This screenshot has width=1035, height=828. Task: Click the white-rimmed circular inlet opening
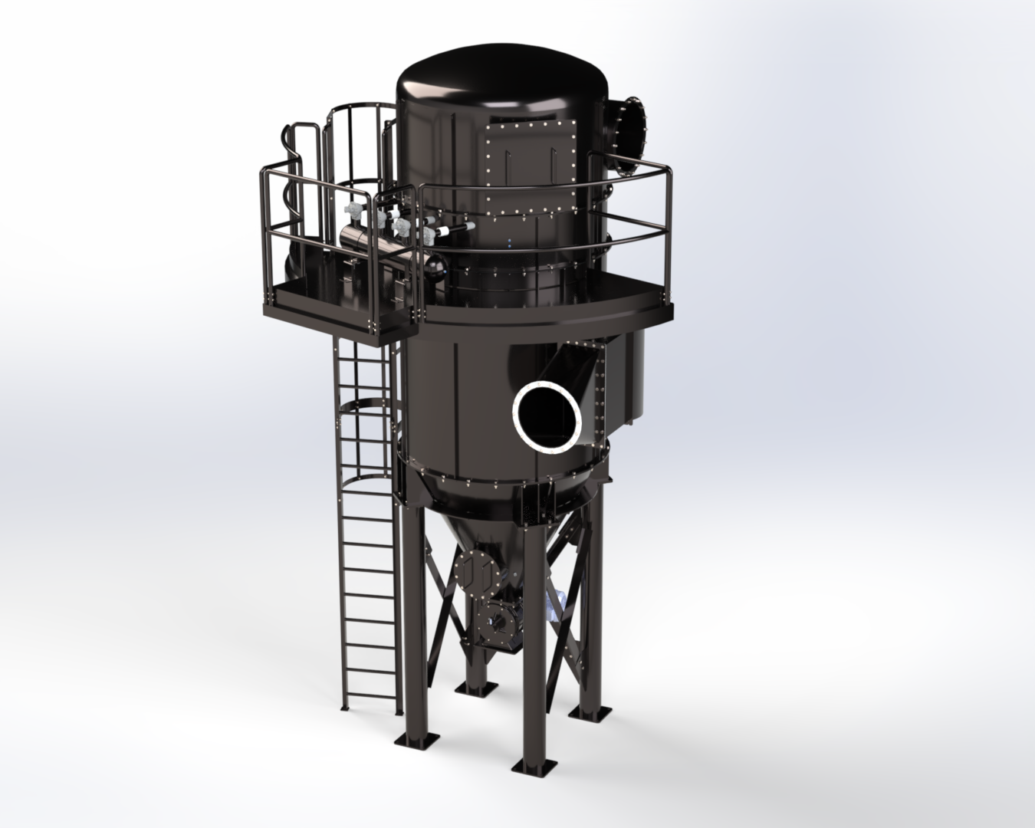tap(546, 416)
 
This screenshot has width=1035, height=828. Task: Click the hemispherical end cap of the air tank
tap(435, 264)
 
